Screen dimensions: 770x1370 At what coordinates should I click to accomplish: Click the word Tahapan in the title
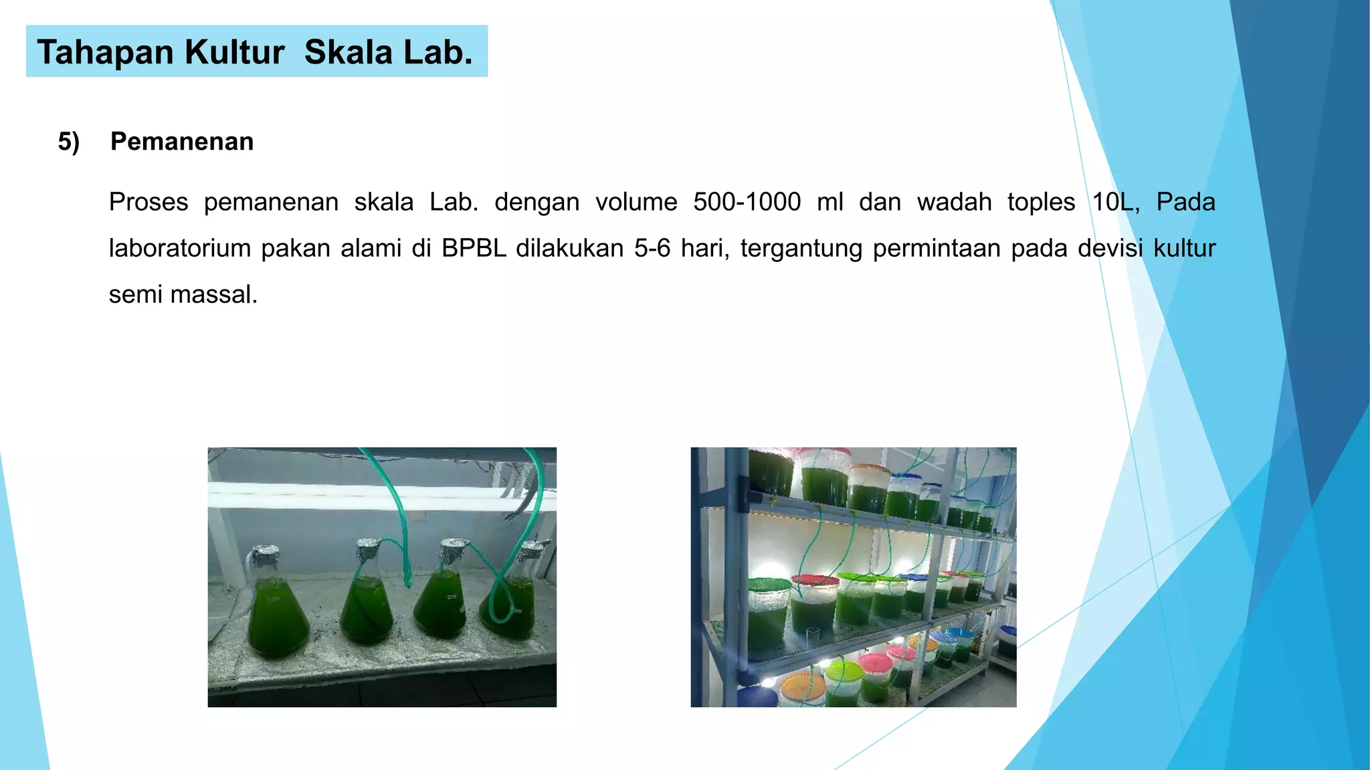106,52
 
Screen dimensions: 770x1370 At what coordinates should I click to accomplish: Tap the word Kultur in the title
235,52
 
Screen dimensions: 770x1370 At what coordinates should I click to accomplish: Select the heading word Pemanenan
182,142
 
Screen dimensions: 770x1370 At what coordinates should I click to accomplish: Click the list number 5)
69,142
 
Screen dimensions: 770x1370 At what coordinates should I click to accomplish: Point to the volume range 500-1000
747,202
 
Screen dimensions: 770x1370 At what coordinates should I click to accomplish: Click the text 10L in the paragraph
1115,202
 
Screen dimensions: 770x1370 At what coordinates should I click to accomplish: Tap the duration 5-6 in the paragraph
652,248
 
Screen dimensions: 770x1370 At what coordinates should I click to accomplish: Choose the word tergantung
801,248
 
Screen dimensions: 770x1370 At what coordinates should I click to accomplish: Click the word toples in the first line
1041,202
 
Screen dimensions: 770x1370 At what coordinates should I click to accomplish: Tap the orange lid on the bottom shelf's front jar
803,686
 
